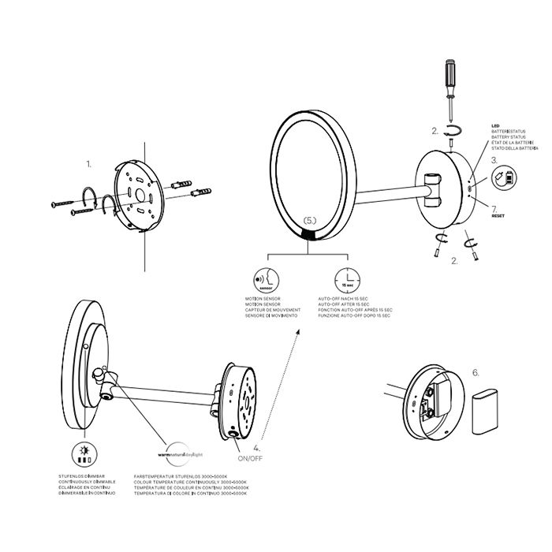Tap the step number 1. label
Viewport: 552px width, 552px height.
[89, 164]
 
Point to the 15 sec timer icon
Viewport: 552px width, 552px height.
[347, 280]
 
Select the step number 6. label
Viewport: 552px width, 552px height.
[475, 371]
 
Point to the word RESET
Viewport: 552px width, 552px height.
[498, 214]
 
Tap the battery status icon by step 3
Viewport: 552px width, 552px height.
[502, 179]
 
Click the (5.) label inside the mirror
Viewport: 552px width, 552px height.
[311, 221]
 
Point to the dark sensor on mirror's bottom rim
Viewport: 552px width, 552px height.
[310, 235]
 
